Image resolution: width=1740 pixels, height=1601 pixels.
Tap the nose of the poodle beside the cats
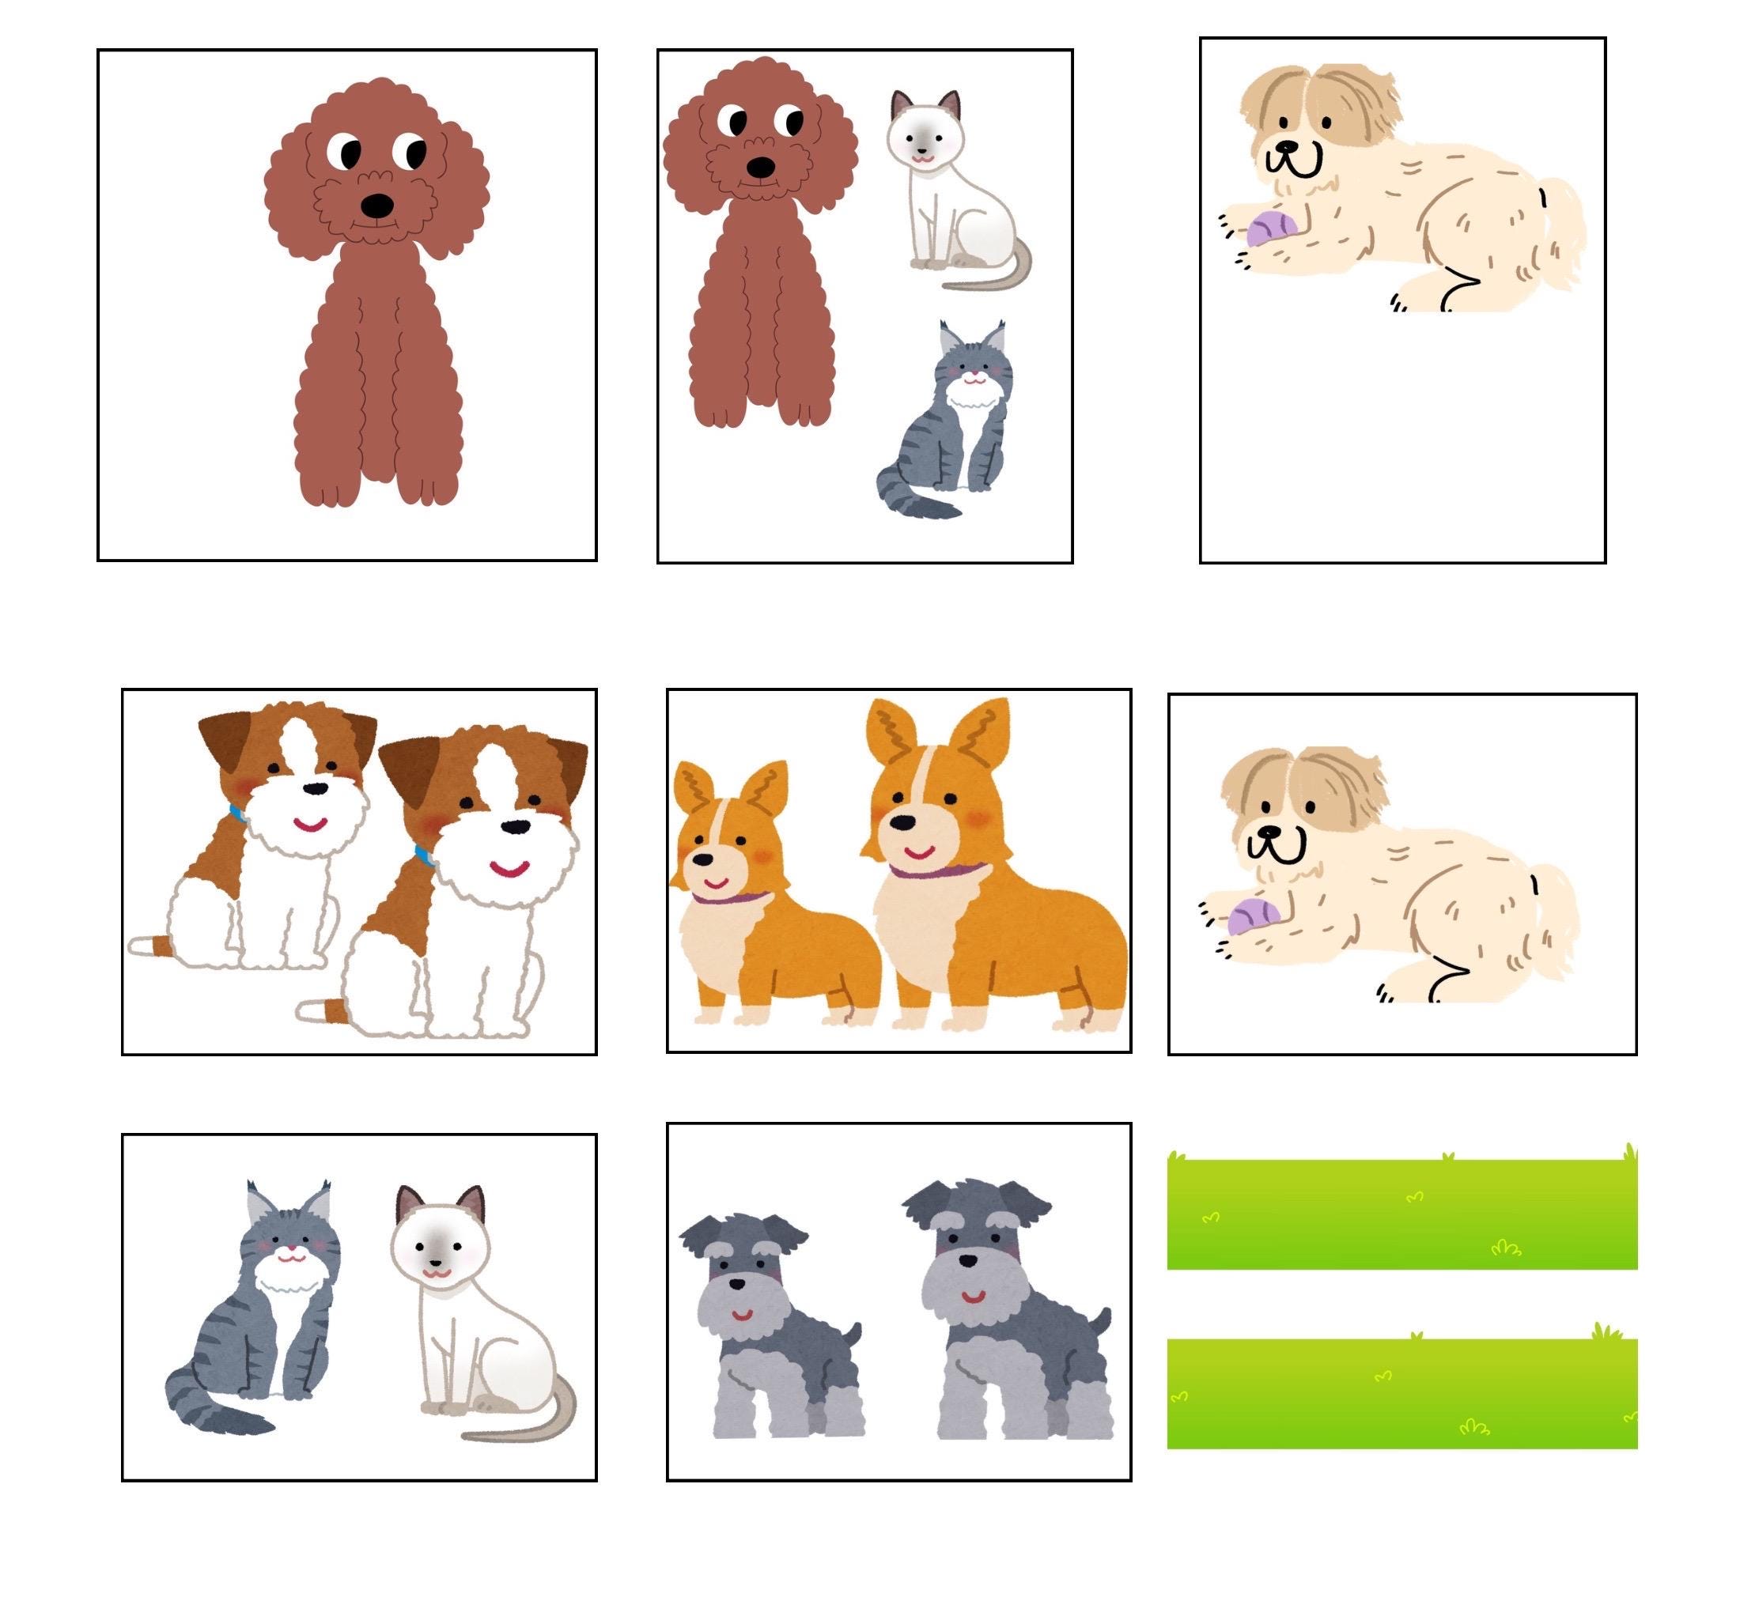(760, 166)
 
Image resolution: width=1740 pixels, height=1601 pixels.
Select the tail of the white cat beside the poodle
(997, 275)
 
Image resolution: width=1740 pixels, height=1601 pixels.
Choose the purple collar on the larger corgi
(936, 871)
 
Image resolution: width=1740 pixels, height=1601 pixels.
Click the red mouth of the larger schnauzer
(974, 1297)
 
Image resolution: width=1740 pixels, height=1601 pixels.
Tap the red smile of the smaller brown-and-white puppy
(309, 823)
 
